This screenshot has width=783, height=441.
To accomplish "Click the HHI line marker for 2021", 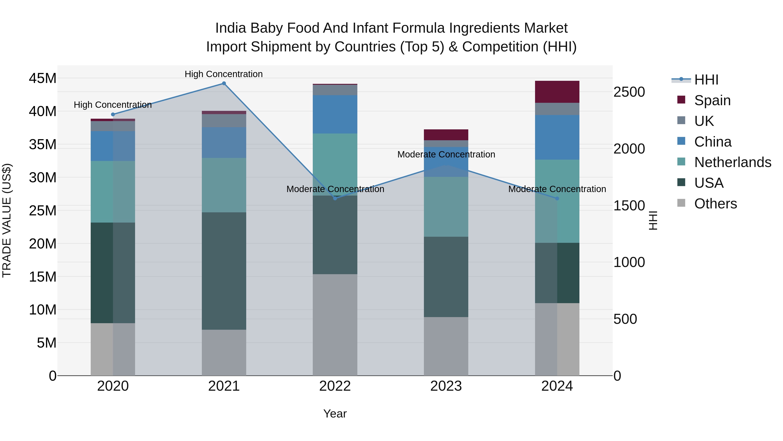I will (x=224, y=83).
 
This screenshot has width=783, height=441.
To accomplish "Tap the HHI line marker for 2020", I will (x=113, y=114).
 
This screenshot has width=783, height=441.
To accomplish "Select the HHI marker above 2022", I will (x=335, y=198).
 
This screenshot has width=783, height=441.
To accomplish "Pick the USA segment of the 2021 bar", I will (x=224, y=271).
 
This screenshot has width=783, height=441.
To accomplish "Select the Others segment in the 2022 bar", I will (x=335, y=325).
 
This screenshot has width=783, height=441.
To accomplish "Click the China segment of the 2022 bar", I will (x=335, y=114).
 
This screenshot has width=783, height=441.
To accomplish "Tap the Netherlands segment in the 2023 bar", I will (x=446, y=207).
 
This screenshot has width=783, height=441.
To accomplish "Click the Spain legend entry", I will (x=712, y=100).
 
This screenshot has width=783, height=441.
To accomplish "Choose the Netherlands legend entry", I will (x=733, y=162).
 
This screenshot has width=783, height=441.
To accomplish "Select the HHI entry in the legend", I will (x=706, y=80).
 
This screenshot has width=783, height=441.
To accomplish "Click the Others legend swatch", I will (x=681, y=203).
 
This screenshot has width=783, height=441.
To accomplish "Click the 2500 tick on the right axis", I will (x=629, y=92).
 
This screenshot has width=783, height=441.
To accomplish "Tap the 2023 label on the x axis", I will (x=446, y=386).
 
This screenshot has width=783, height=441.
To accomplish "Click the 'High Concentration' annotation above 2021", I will (x=224, y=74).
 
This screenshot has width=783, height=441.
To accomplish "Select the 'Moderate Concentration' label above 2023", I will (x=446, y=154).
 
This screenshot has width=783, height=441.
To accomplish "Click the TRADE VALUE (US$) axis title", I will (x=7, y=220).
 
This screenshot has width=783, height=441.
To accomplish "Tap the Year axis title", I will (x=335, y=414).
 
